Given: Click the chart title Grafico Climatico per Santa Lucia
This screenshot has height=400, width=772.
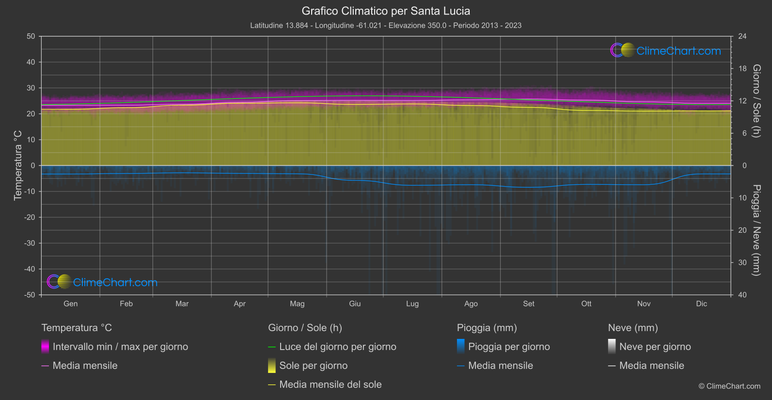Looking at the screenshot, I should click(386, 11).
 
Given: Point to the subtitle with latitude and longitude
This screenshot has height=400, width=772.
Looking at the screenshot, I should click(386, 25).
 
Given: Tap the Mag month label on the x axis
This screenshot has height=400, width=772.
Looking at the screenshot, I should click(297, 304).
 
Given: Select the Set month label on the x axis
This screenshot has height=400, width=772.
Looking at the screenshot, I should click(528, 304).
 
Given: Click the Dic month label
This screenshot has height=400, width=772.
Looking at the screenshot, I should click(701, 304).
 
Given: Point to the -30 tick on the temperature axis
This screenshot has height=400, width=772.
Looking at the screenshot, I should click(30, 243).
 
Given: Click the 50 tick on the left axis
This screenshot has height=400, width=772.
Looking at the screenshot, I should click(31, 36).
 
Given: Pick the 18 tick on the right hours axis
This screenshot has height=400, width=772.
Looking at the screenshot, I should click(742, 69).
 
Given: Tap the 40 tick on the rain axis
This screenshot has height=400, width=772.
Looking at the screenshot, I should click(742, 295).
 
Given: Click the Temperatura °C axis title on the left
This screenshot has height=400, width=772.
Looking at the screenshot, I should click(18, 165).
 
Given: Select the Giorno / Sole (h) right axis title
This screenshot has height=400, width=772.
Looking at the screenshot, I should click(756, 101).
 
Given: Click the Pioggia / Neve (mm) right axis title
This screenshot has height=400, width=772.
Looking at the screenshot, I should click(756, 230).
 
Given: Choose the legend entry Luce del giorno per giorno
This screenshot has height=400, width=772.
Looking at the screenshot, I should click(337, 347).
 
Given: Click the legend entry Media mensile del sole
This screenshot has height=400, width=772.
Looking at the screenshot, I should click(330, 384).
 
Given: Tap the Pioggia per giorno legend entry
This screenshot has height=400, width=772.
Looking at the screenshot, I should click(508, 347).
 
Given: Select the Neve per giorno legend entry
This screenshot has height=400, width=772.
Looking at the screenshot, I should click(655, 347).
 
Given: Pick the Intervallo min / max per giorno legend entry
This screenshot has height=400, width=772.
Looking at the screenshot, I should click(120, 347).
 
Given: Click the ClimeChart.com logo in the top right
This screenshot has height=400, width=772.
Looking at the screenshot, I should click(666, 50).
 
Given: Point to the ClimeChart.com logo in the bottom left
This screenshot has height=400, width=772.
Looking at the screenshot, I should click(102, 282).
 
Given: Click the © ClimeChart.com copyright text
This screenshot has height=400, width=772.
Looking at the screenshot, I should click(729, 386).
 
